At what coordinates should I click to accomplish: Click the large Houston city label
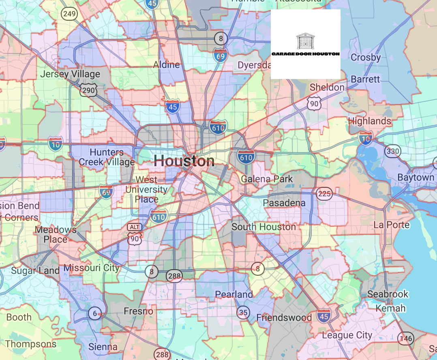(x=184, y=161)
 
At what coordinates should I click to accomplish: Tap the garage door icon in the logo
(x=305, y=41)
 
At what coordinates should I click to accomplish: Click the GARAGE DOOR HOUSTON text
(x=305, y=54)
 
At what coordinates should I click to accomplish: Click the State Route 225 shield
(x=324, y=194)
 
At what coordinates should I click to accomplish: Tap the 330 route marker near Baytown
(x=392, y=152)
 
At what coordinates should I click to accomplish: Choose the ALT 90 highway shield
(x=134, y=234)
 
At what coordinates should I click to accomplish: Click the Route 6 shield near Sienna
(x=95, y=313)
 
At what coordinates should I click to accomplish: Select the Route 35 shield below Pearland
(x=243, y=312)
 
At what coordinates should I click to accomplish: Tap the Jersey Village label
(x=70, y=74)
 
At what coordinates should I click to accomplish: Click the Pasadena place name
(x=284, y=203)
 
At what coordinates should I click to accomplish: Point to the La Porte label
(x=392, y=225)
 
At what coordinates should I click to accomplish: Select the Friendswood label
(x=284, y=317)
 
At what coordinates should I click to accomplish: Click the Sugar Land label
(x=35, y=270)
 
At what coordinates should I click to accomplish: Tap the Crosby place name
(x=366, y=57)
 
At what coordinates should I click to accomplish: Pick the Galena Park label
(x=266, y=179)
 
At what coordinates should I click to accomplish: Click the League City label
(x=347, y=335)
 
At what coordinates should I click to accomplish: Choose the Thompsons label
(x=31, y=344)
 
